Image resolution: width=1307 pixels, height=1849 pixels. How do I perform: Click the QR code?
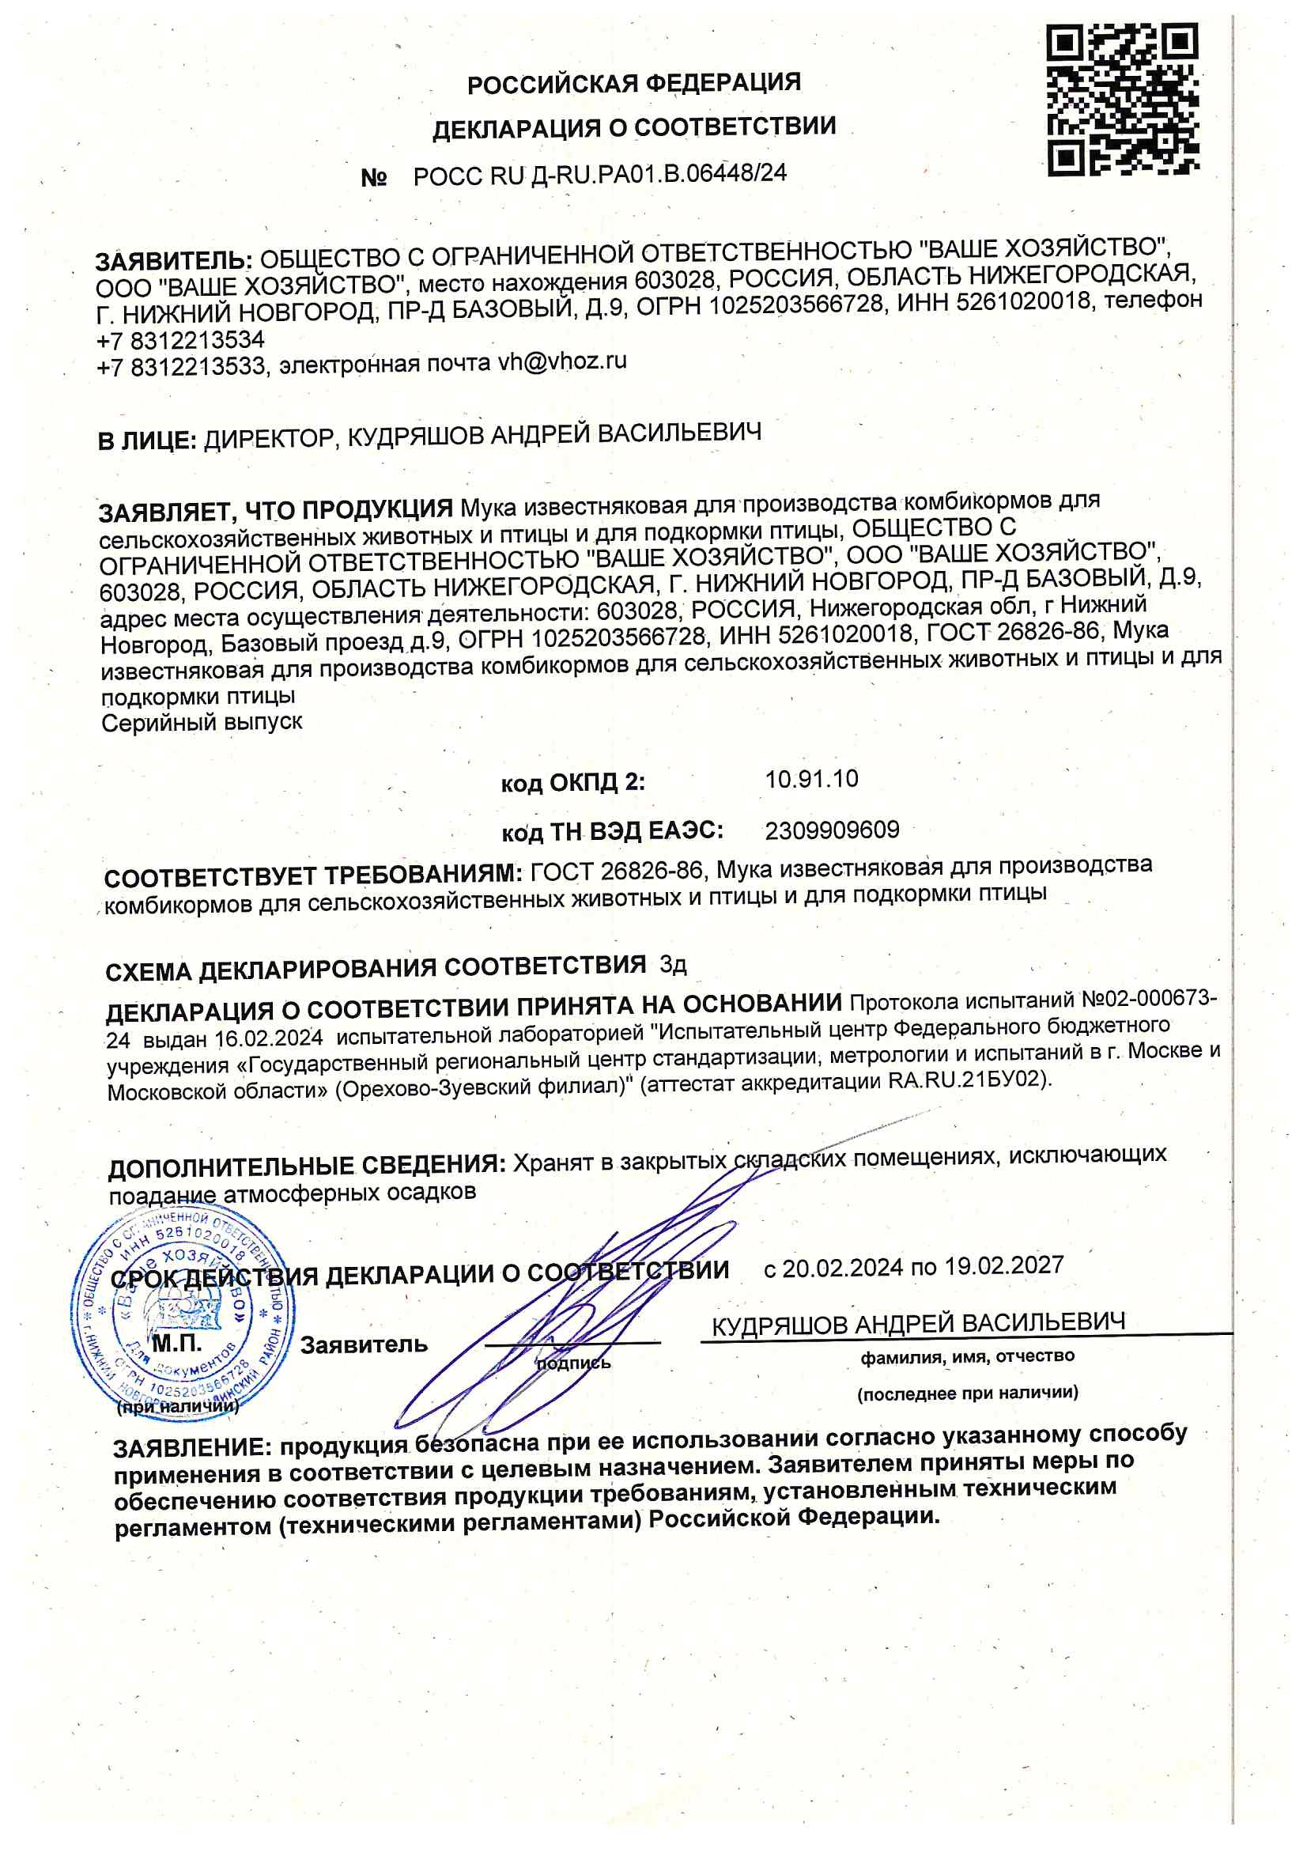point(1123,99)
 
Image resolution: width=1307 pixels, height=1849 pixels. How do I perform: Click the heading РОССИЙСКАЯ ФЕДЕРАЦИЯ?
point(634,83)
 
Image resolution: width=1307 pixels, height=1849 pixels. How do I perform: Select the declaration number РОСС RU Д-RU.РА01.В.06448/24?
point(600,175)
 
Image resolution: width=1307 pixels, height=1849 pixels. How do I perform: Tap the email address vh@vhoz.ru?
point(562,361)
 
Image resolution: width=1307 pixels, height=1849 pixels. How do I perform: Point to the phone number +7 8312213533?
point(180,367)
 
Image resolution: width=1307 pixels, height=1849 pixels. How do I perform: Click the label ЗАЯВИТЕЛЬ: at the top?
point(174,261)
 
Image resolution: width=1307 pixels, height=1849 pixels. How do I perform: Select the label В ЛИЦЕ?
point(147,441)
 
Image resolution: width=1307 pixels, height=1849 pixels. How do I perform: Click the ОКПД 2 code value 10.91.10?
point(811,779)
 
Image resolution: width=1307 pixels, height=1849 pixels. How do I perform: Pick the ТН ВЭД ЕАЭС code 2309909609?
point(832,830)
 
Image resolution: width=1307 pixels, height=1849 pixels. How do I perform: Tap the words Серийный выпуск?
point(202,721)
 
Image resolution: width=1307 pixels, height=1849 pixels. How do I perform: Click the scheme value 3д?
point(673,964)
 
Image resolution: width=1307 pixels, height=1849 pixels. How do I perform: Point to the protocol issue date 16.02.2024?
point(269,1038)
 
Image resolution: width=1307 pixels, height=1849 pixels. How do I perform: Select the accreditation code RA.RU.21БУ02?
point(967,1080)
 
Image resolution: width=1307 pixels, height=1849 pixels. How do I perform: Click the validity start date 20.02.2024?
point(842,1268)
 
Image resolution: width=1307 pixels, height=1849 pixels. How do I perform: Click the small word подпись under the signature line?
point(573,1363)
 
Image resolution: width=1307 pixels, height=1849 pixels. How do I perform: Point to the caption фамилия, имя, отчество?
point(967,1356)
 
